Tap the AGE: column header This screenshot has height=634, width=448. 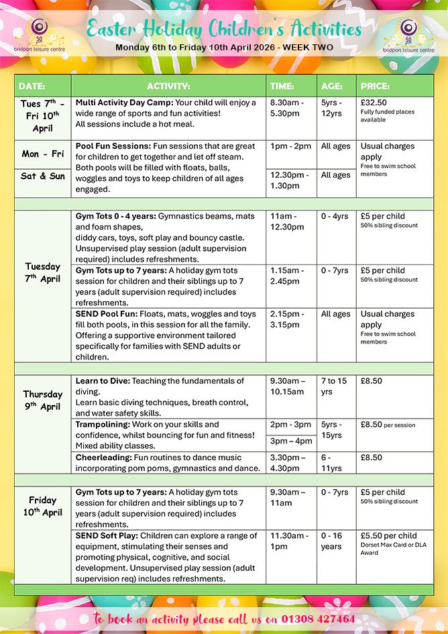click(331, 86)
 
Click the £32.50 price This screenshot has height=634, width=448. click(374, 103)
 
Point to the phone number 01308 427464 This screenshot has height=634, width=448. click(318, 619)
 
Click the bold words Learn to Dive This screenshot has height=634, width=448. click(103, 381)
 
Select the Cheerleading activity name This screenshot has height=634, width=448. click(102, 458)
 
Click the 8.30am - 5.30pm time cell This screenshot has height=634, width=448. click(287, 108)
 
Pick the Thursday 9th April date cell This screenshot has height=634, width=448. click(42, 400)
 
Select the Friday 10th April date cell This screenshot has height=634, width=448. click(42, 506)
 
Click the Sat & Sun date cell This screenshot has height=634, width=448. click(43, 176)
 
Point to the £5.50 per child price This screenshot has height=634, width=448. click(388, 536)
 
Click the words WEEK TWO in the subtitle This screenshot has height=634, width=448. click(308, 48)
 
